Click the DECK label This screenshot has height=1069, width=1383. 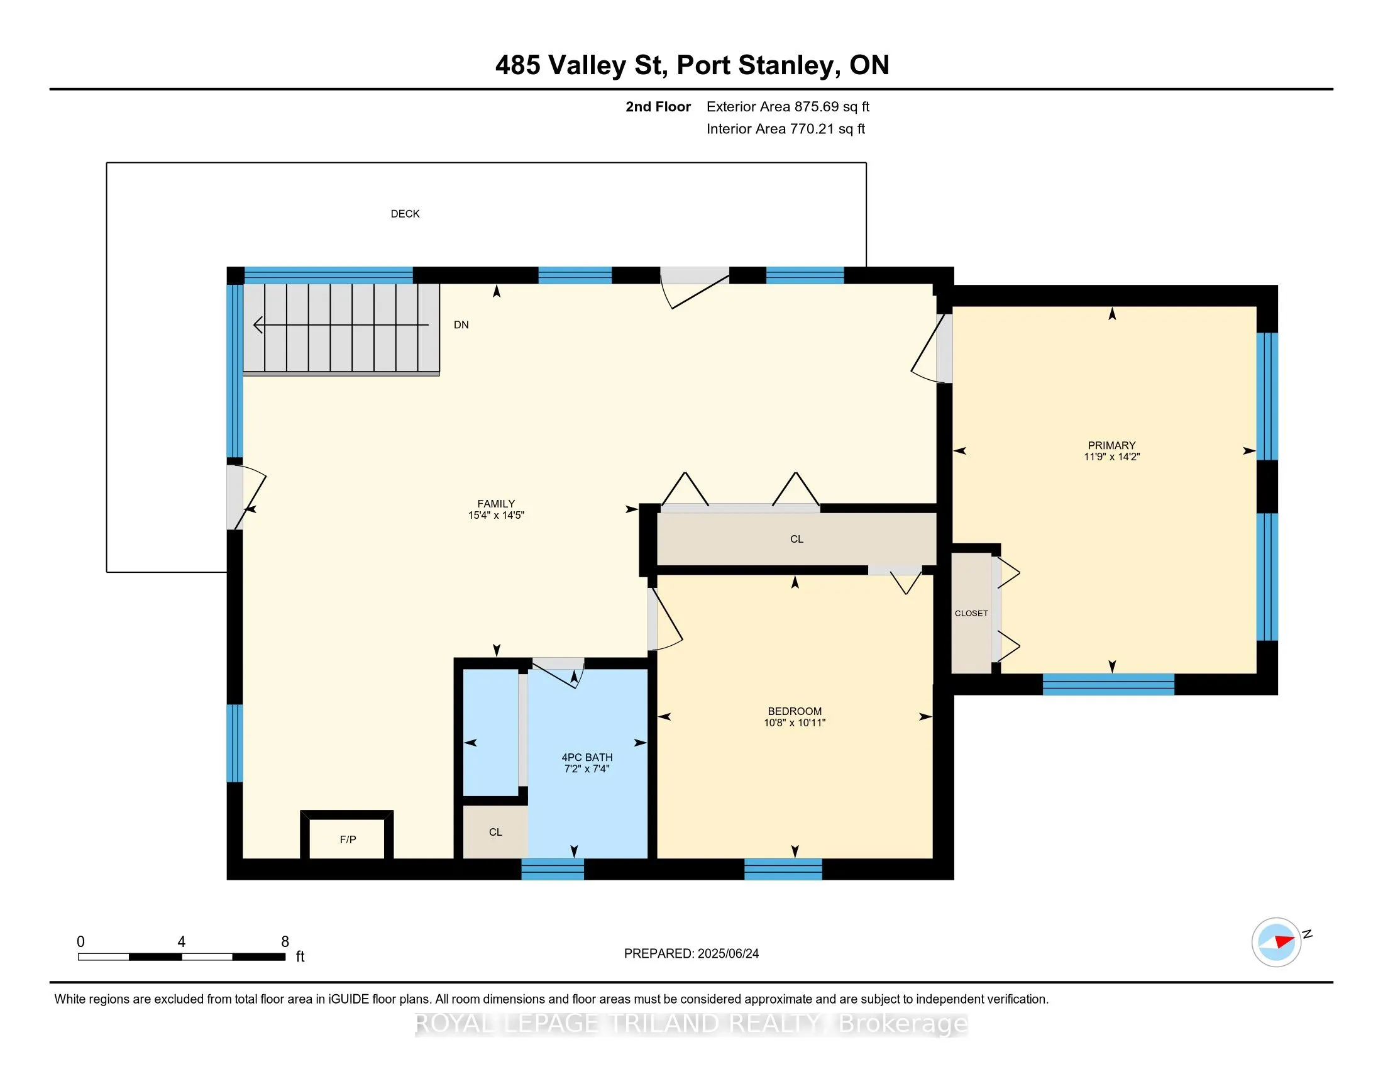click(x=405, y=214)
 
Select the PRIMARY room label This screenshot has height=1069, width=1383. click(x=1111, y=445)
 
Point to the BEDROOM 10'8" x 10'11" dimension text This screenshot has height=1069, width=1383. click(x=795, y=723)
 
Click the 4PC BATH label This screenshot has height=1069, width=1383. click(x=587, y=758)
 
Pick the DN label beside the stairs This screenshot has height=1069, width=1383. click(x=461, y=325)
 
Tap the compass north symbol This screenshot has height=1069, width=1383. click(x=1276, y=943)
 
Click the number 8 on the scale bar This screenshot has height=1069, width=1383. click(x=285, y=942)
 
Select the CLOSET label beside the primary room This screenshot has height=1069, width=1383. click(x=971, y=614)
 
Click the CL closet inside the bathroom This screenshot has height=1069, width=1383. click(x=495, y=832)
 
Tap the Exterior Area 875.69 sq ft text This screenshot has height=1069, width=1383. click(x=788, y=107)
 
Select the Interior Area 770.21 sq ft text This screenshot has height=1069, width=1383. click(x=786, y=129)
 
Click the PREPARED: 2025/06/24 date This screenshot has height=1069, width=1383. click(x=691, y=954)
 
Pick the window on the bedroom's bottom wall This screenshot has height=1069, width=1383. click(x=783, y=870)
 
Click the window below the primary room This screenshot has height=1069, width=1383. click(x=1108, y=685)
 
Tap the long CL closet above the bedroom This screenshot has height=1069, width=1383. click(x=796, y=539)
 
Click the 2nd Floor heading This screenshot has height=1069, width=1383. click(x=658, y=107)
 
